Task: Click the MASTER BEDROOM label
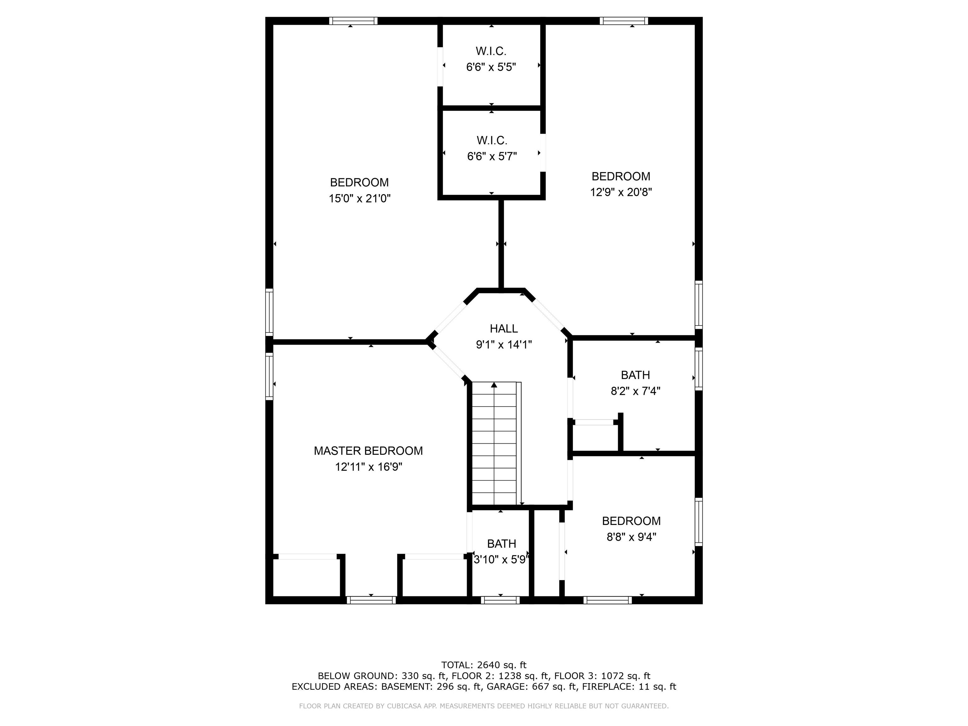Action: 368,451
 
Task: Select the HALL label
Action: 504,329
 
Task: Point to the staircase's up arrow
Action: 494,385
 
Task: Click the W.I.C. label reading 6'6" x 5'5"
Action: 491,51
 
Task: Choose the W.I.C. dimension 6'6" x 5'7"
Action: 492,157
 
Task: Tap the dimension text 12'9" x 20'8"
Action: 620,193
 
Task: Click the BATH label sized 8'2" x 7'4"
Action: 635,375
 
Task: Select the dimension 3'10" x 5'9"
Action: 502,560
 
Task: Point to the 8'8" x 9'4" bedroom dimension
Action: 631,537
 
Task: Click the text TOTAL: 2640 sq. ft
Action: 484,665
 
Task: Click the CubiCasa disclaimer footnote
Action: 484,706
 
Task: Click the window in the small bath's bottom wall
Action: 500,600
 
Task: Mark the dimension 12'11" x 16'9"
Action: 368,467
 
